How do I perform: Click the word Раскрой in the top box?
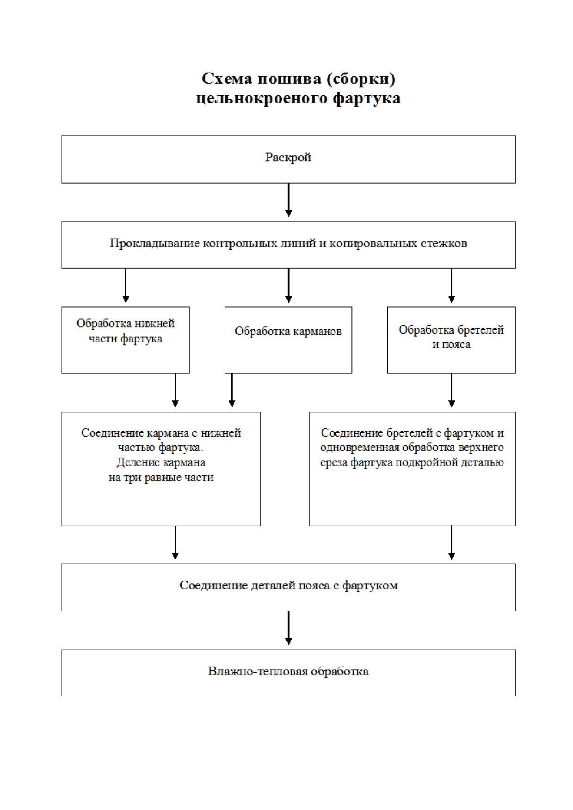288,158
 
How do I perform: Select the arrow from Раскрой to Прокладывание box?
289,200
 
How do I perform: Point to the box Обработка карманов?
288,340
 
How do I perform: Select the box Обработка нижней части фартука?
125,340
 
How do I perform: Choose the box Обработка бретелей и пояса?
451,340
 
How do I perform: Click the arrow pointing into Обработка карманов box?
289,285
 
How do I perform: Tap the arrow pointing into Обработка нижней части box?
126,285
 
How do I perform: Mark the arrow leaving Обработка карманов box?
232,390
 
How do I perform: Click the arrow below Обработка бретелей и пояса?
451,390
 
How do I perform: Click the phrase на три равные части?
161,478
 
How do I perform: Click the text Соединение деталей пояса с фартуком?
289,586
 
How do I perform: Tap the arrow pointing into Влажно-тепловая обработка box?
289,628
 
